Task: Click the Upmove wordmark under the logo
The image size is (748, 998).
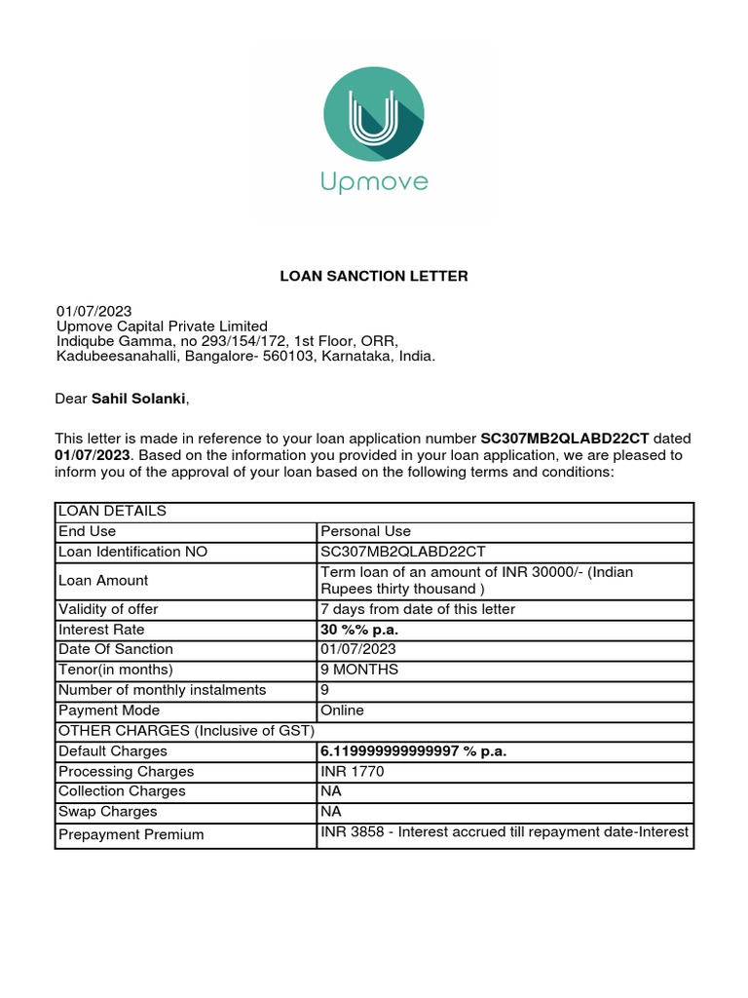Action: [x=374, y=182]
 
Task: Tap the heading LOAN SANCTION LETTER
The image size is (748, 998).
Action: [x=374, y=277]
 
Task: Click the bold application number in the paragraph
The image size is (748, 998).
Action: [x=565, y=439]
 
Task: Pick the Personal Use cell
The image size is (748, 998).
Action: [x=366, y=531]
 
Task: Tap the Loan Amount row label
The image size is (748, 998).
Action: [x=103, y=580]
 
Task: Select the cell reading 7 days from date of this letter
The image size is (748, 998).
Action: [x=417, y=609]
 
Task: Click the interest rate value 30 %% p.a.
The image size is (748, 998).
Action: [x=359, y=630]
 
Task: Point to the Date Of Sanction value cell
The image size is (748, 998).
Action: [x=358, y=649]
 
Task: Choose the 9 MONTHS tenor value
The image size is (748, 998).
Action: [x=359, y=670]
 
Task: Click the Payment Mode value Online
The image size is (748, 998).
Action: [x=342, y=710]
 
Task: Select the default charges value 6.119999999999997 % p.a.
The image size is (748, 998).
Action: [x=414, y=751]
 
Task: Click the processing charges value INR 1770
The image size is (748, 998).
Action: [x=353, y=772]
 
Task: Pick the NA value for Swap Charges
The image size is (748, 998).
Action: [x=331, y=812]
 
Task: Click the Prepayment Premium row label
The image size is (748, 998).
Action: [x=131, y=834]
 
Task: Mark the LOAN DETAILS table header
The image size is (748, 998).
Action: [x=112, y=511]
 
